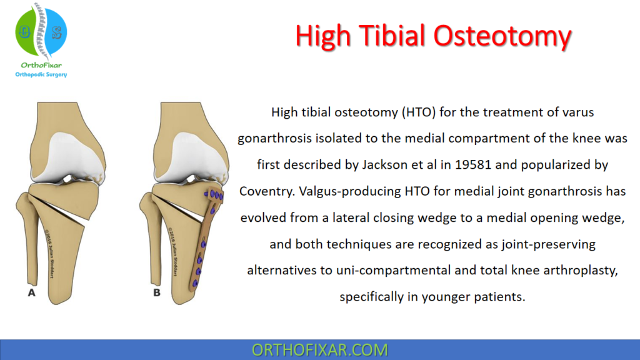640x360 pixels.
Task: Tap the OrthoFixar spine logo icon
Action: (x=41, y=32)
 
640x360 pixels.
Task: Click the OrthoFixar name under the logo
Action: (x=41, y=65)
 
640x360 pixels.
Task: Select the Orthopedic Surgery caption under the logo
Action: (x=41, y=75)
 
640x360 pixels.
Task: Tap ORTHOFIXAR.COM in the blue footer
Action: (x=319, y=349)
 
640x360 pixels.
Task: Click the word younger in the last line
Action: (x=446, y=296)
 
